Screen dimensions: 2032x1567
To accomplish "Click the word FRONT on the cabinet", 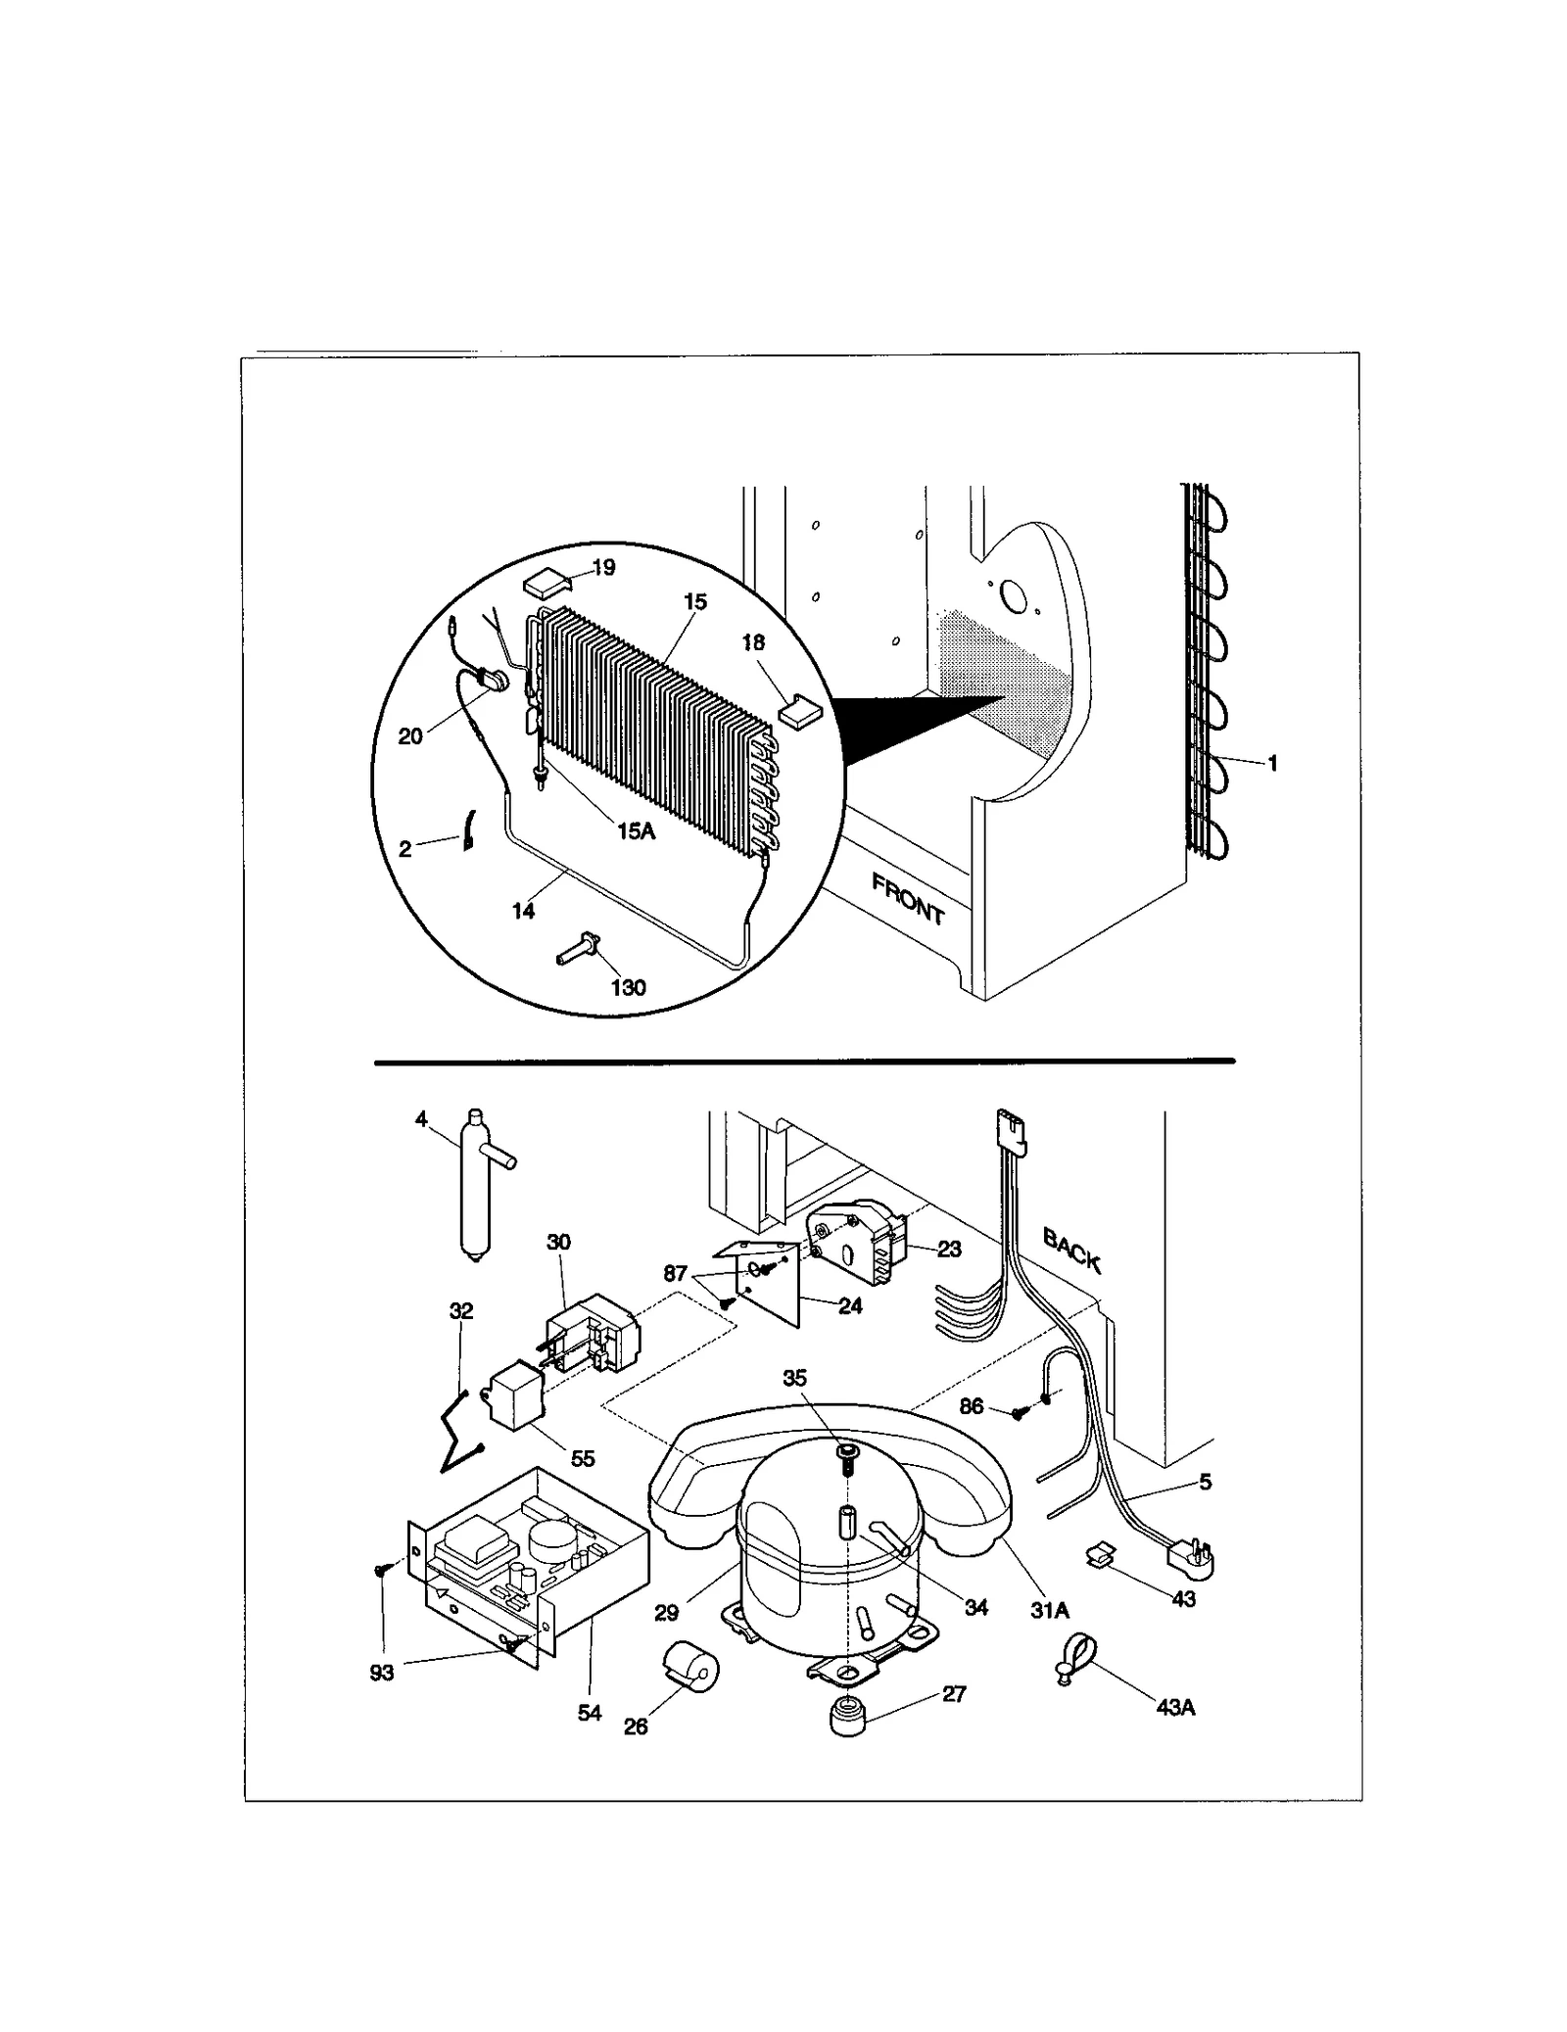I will tap(908, 899).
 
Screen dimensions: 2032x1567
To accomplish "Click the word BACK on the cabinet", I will tap(1071, 1251).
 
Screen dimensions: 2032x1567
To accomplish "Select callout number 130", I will tap(628, 987).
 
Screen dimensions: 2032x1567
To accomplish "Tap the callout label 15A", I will tap(635, 831).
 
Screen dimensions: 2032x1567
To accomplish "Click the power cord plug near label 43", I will tap(1190, 1557).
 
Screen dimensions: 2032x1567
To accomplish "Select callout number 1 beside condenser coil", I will tap(1272, 763).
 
